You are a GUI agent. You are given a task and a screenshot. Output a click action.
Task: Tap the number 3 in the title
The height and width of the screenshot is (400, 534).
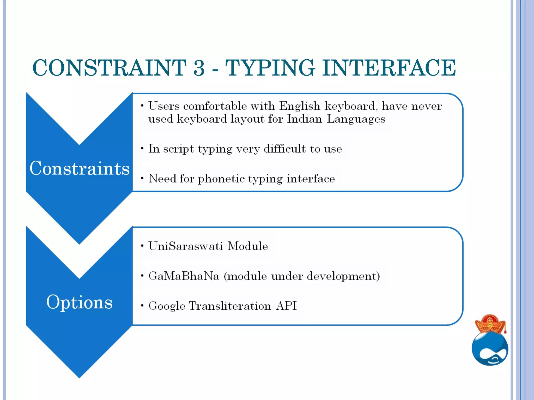(x=199, y=68)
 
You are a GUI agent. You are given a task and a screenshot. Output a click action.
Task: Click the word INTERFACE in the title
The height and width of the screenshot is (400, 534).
(x=389, y=68)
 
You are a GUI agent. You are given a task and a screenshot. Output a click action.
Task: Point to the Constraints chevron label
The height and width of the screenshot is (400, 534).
(x=80, y=168)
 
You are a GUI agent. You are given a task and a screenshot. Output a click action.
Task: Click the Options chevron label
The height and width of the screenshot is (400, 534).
(x=80, y=302)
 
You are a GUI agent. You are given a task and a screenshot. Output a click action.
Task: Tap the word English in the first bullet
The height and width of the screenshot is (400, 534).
(x=300, y=106)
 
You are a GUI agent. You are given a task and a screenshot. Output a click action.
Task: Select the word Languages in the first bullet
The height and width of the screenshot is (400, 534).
(x=356, y=119)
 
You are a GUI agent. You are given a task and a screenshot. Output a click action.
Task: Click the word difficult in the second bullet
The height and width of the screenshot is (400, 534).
(x=284, y=149)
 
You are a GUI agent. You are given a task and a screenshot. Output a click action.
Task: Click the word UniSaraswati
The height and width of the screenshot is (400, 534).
(x=185, y=246)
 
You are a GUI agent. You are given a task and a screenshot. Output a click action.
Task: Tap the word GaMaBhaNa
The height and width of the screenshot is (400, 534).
(x=184, y=276)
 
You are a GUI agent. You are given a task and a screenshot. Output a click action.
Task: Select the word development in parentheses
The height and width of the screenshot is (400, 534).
(x=341, y=276)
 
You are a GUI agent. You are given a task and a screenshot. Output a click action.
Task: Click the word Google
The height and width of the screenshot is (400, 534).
(x=167, y=306)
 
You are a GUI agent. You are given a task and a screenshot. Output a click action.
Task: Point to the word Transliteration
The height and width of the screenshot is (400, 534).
(x=230, y=306)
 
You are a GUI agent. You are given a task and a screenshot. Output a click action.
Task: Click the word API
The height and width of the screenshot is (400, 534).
(x=286, y=306)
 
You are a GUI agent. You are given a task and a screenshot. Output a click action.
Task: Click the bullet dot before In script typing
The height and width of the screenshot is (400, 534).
(x=142, y=148)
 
